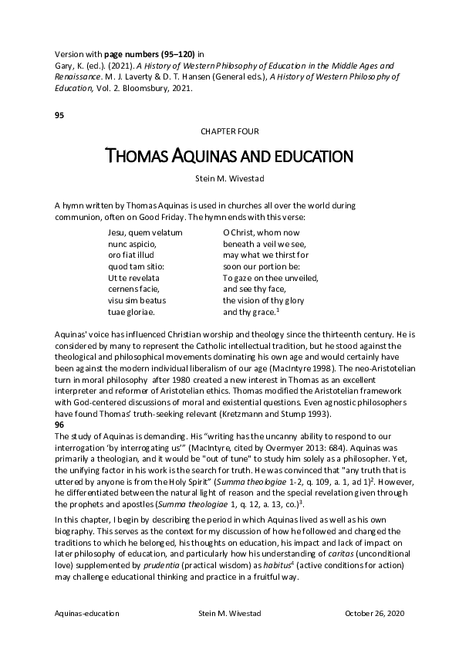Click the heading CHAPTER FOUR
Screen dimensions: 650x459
229,132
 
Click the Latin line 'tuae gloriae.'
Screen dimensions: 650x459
131,312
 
